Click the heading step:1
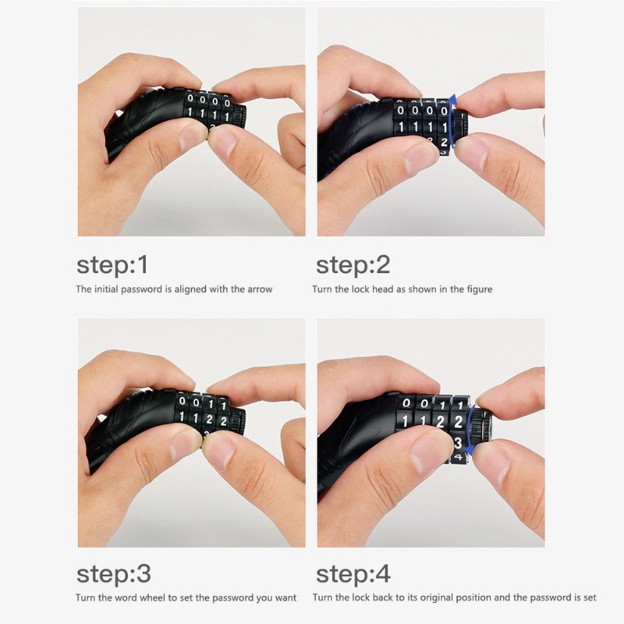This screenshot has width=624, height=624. [x=112, y=265]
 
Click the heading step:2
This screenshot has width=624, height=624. [x=353, y=265]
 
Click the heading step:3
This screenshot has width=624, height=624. [x=114, y=574]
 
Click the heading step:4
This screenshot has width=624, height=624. [x=353, y=574]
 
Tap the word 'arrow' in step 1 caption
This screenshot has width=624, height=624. [x=260, y=289]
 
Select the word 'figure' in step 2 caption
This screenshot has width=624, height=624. [x=479, y=289]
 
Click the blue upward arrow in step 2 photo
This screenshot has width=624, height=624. [x=452, y=122]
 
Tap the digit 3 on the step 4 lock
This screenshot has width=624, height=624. [x=458, y=442]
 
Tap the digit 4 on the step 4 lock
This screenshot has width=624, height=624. [x=458, y=457]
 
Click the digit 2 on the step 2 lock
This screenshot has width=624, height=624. [x=444, y=142]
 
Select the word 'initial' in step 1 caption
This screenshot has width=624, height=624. [x=106, y=289]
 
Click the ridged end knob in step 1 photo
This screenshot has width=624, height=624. [x=239, y=115]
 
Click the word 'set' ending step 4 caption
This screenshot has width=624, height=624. [x=590, y=597]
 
